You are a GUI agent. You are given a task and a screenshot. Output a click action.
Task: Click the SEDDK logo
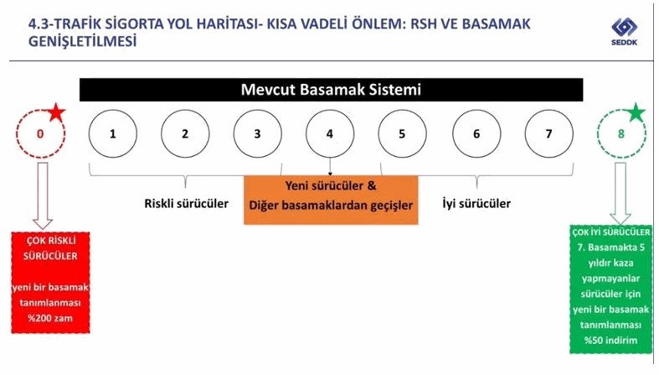[x=624, y=31]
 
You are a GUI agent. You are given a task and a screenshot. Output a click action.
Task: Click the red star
[x=56, y=112]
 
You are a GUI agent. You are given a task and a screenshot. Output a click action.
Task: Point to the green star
[x=635, y=112]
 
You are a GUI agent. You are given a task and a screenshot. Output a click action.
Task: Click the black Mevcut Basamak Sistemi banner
[x=332, y=90]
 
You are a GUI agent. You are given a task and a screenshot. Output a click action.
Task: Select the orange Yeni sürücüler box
[x=331, y=200]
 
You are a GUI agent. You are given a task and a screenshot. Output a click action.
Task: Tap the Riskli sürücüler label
[x=186, y=204]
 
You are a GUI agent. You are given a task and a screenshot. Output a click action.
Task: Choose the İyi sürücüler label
[x=476, y=204]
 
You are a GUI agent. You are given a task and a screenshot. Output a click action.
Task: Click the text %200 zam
[x=50, y=318]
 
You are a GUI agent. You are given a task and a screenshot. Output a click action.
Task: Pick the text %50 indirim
[x=610, y=340]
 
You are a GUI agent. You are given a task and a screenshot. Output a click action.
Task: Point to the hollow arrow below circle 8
[x=620, y=194]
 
